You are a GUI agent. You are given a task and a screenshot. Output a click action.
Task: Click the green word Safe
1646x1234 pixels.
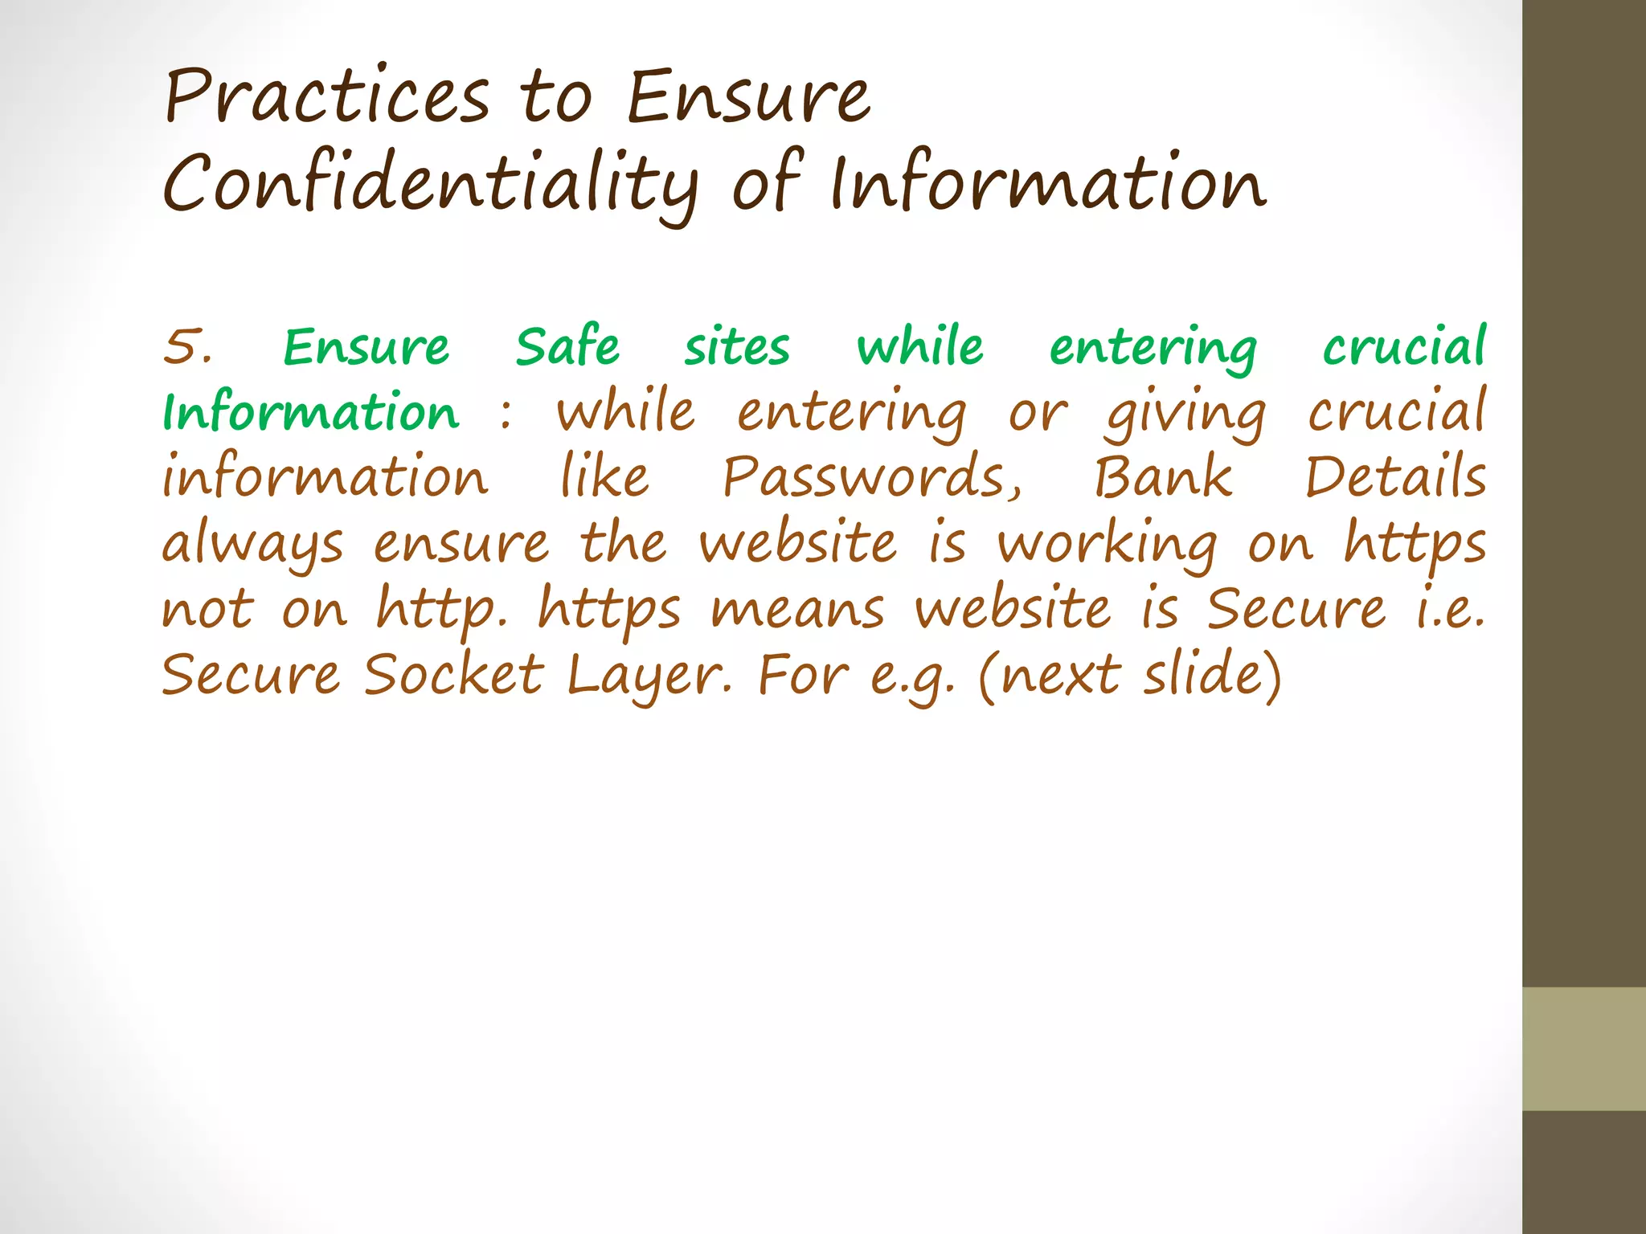(x=567, y=347)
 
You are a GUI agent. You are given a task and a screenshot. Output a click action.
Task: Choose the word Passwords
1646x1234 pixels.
(x=872, y=478)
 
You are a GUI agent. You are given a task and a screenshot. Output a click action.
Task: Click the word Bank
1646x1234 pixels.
(x=1163, y=478)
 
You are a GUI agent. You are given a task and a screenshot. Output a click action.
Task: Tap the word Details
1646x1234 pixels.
(x=1395, y=478)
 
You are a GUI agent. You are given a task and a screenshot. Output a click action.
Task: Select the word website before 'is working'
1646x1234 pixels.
(x=798, y=544)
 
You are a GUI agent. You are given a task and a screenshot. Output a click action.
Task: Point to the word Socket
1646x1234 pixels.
(x=454, y=675)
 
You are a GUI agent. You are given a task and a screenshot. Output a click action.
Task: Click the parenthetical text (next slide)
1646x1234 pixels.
(x=1130, y=675)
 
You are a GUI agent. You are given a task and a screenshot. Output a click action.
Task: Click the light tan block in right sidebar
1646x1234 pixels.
(x=1583, y=1048)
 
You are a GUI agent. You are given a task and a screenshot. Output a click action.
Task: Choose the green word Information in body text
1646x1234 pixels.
(x=311, y=413)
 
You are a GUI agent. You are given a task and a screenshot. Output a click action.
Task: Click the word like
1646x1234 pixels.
(x=604, y=478)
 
